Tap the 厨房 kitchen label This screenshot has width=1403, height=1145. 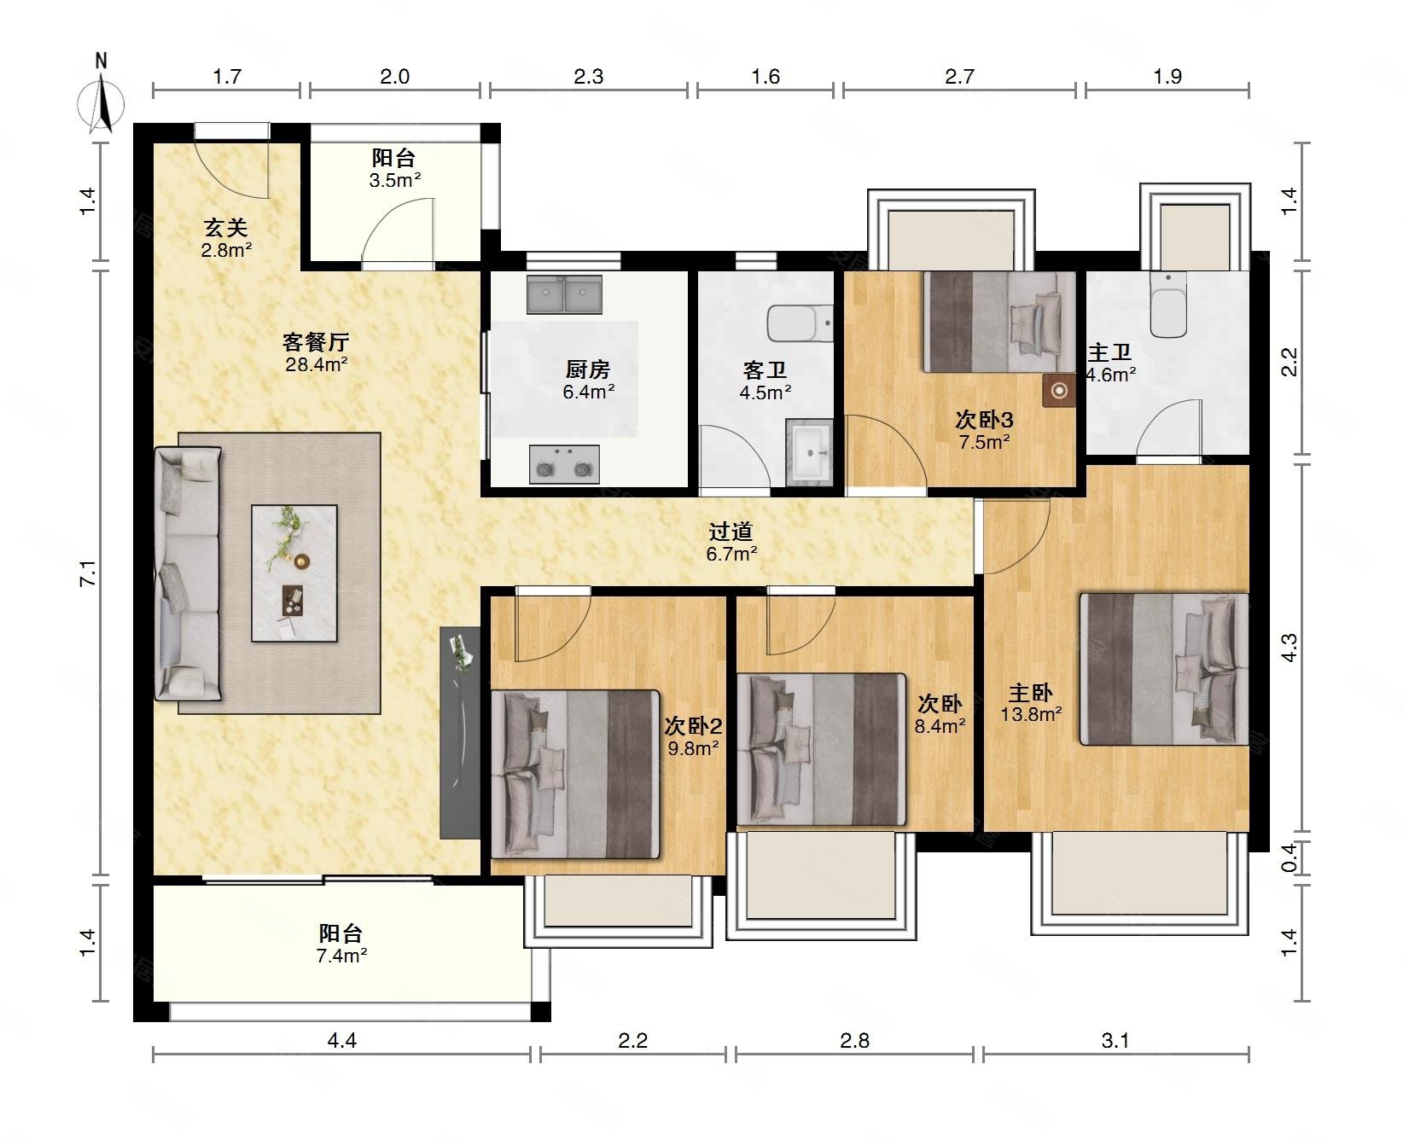tap(588, 369)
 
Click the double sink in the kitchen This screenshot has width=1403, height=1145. tap(564, 294)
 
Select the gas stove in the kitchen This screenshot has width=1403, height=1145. tap(564, 464)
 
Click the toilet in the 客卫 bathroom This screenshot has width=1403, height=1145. tap(800, 323)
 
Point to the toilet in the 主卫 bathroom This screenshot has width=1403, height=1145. tap(1168, 305)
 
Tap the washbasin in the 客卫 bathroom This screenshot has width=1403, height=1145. tap(809, 450)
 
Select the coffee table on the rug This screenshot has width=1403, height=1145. tap(294, 573)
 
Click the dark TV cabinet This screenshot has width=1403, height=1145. tap(460, 732)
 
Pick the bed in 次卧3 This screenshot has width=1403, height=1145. tap(999, 322)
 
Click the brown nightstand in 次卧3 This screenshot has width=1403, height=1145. tap(1059, 391)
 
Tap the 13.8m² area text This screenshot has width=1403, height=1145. tap(1031, 714)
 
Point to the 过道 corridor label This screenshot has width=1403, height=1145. tap(731, 532)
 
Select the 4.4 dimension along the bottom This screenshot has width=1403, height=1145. tap(341, 1040)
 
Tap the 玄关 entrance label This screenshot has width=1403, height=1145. tap(225, 228)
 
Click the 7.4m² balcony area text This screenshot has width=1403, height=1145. tap(341, 956)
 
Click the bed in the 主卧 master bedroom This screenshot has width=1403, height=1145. tap(1164, 669)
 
